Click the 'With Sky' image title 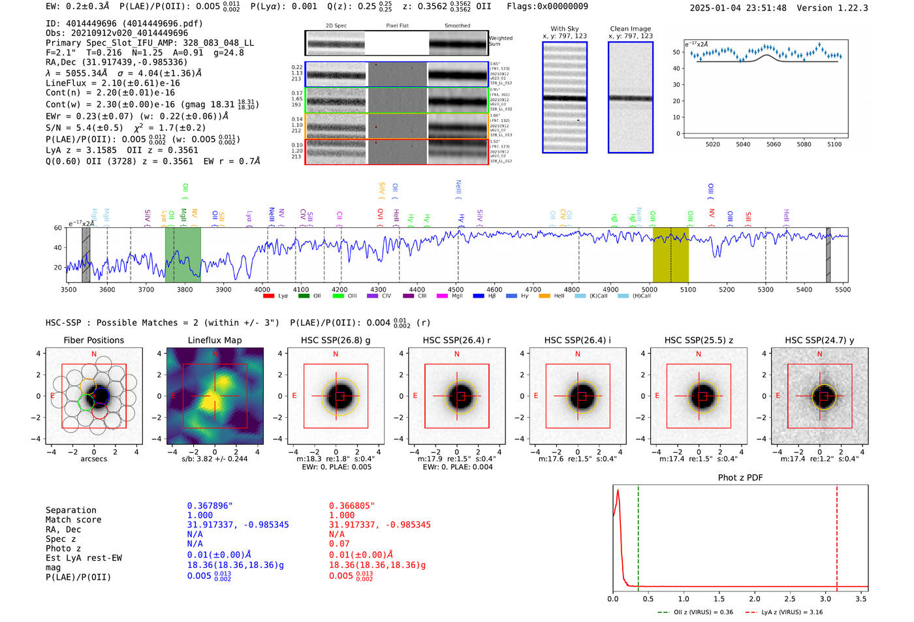(564, 29)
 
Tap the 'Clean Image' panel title (630, 29)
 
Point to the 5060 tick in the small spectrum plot (773, 144)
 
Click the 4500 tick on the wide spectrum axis (456, 289)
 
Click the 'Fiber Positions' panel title (93, 340)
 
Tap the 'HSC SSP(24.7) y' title (819, 340)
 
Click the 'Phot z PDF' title (740, 478)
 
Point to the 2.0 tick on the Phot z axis (754, 599)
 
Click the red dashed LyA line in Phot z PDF (836, 535)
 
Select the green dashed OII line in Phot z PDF (638, 535)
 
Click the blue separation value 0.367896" (210, 506)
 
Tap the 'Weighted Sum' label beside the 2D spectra (500, 41)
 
